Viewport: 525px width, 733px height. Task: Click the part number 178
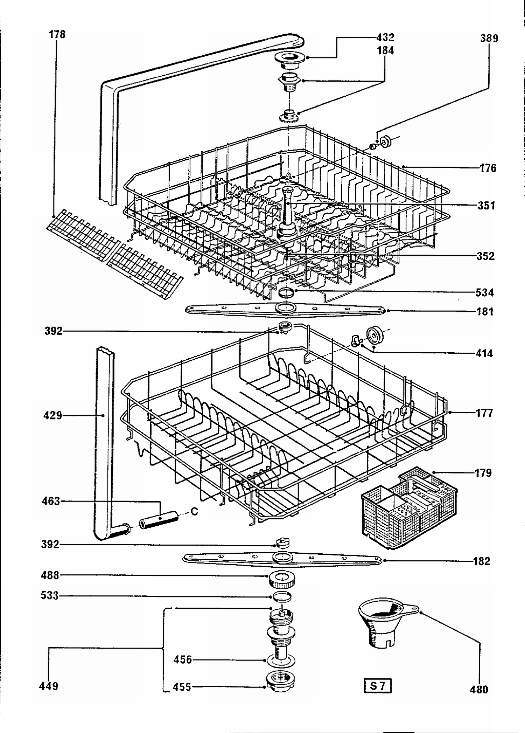pyautogui.click(x=57, y=35)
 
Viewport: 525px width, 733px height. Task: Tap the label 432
pyautogui.click(x=385, y=37)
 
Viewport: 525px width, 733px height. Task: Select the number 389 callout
pyautogui.click(x=489, y=39)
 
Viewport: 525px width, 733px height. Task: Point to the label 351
pyautogui.click(x=486, y=206)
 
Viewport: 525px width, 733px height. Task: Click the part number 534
pyautogui.click(x=484, y=292)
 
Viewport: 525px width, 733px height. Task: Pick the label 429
pyautogui.click(x=52, y=416)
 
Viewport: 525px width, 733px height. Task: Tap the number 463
pyautogui.click(x=51, y=501)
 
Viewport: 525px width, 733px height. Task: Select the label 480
pyautogui.click(x=479, y=689)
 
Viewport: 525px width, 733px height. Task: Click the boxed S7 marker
pyautogui.click(x=377, y=686)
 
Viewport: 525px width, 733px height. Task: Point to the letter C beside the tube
pyautogui.click(x=194, y=512)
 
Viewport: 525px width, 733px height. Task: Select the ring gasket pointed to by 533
pyautogui.click(x=282, y=596)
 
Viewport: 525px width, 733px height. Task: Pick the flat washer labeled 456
pyautogui.click(x=281, y=661)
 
